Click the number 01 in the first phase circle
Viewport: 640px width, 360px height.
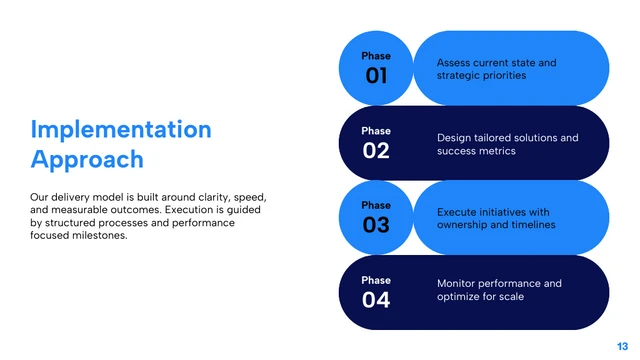pyautogui.click(x=376, y=76)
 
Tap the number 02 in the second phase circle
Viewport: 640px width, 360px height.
pyautogui.click(x=376, y=151)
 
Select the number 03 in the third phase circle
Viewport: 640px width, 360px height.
pyautogui.click(x=376, y=225)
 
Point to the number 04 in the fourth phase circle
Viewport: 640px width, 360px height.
pyautogui.click(x=376, y=300)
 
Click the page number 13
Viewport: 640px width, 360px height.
pyautogui.click(x=622, y=345)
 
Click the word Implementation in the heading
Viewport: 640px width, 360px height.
pyautogui.click(x=121, y=129)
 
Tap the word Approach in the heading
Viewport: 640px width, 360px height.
pyautogui.click(x=87, y=159)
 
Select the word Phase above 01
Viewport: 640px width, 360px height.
pyautogui.click(x=376, y=56)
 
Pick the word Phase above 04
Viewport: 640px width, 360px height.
pyautogui.click(x=376, y=280)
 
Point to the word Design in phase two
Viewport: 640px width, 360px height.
pyautogui.click(x=455, y=138)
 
